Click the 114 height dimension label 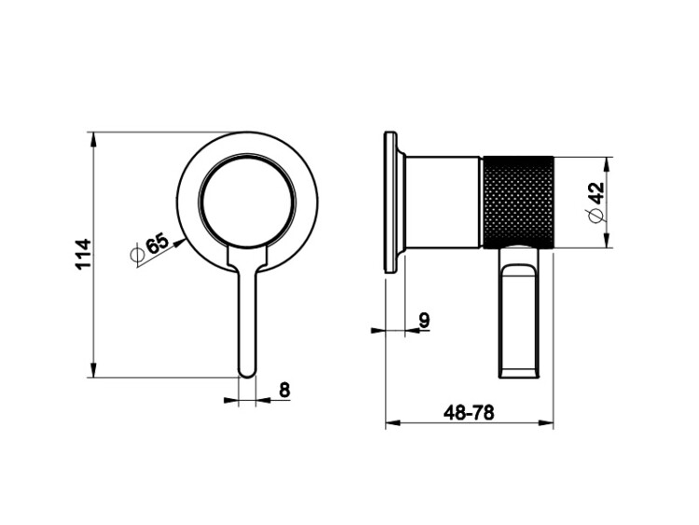[x=83, y=254]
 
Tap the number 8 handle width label [x=284, y=390]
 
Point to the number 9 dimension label [x=424, y=320]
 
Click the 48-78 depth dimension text [x=469, y=412]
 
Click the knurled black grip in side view [x=518, y=201]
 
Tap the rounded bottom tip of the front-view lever [x=247, y=375]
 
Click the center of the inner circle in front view [x=247, y=200]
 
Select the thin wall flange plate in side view [x=391, y=201]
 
